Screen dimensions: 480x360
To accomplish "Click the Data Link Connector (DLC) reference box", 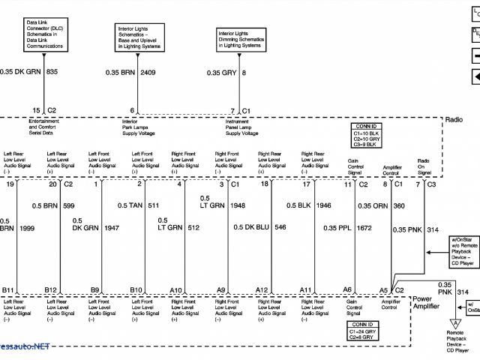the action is tap(44, 34).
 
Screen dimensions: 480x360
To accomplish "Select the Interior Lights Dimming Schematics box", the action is tap(240, 40).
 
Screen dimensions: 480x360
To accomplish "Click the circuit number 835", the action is tap(52, 72).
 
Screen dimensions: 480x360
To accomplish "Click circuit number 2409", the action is tap(148, 72).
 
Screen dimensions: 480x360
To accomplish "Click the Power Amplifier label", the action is tap(425, 302).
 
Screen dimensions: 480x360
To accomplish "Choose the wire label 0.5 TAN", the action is tap(130, 205).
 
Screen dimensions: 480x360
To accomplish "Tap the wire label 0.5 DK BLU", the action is tap(250, 227).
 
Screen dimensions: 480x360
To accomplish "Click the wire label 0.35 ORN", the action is tap(372, 205).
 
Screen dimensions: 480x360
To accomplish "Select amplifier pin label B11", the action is tap(8, 289).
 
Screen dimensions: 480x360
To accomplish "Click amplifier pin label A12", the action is tap(262, 289).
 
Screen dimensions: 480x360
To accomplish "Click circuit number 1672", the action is tap(362, 227).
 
